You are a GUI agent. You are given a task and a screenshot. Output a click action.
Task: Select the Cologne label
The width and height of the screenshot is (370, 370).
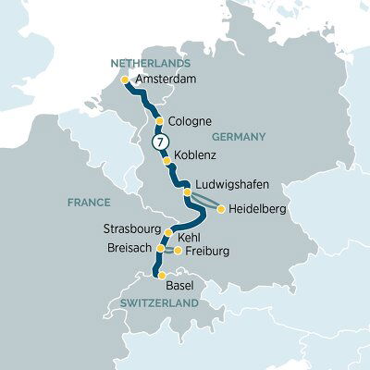[x=191, y=120]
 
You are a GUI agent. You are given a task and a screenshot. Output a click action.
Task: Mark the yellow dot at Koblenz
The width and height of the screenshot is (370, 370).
[x=166, y=160]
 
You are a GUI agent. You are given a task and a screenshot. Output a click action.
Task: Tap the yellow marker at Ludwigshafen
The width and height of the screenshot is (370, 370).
[x=188, y=192]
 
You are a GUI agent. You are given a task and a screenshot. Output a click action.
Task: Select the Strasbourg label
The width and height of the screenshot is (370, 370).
[x=133, y=228]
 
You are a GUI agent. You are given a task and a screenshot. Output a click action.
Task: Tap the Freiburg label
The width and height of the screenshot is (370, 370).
[x=206, y=251]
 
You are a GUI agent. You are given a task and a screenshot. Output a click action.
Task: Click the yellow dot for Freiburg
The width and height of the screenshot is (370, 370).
[x=178, y=251]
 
